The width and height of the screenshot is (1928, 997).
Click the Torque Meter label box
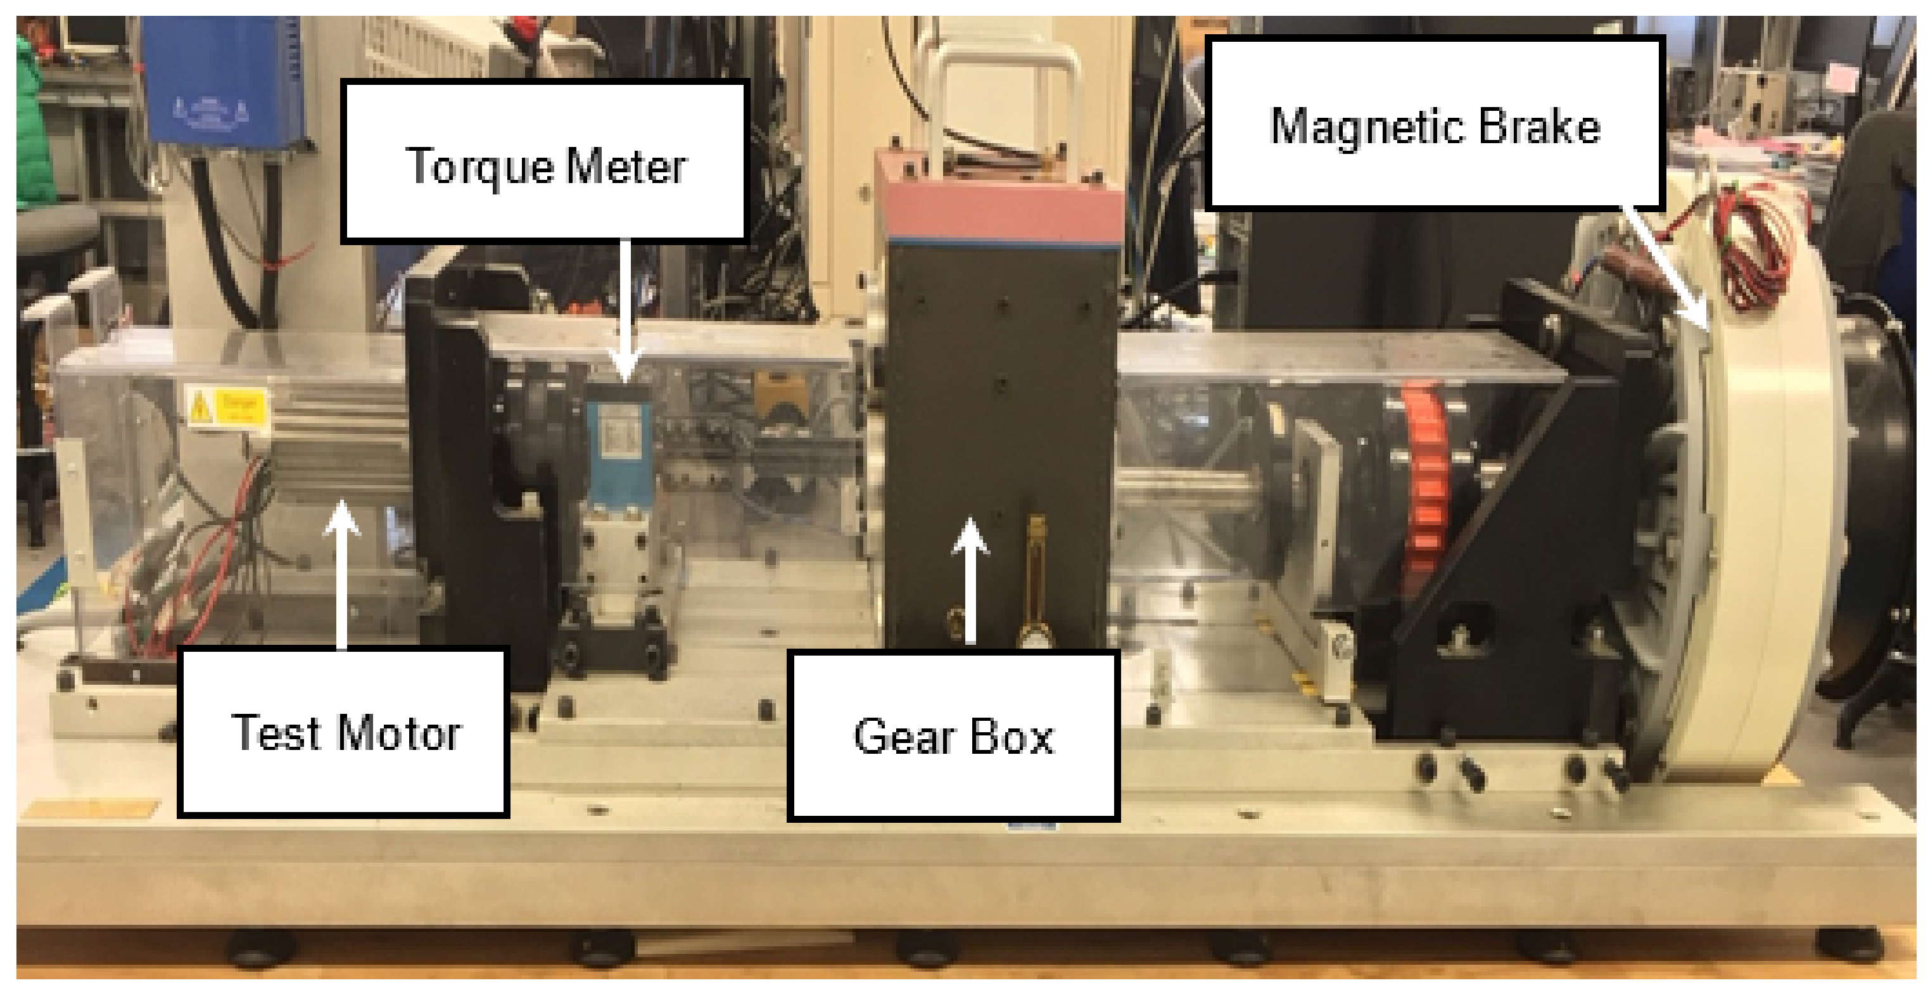click(545, 162)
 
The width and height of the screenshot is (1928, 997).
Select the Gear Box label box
click(953, 736)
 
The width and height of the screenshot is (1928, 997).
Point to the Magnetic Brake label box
click(1435, 122)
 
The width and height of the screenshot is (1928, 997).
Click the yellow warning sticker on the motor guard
click(227, 408)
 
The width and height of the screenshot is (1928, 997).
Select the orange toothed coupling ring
click(1426, 479)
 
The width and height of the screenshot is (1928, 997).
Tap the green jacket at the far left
click(34, 120)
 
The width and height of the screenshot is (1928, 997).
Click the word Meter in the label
click(626, 166)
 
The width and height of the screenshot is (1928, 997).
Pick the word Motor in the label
click(399, 733)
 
